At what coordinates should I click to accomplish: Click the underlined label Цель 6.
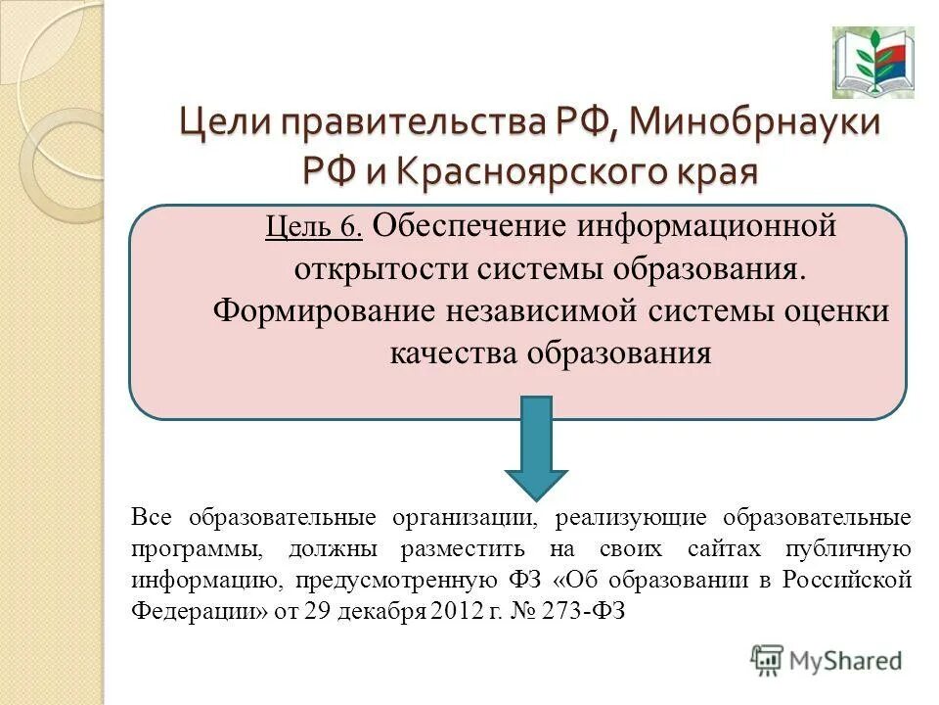coord(314,228)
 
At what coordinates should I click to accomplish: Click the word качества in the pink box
coord(454,352)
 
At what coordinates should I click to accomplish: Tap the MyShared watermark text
coord(846,661)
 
